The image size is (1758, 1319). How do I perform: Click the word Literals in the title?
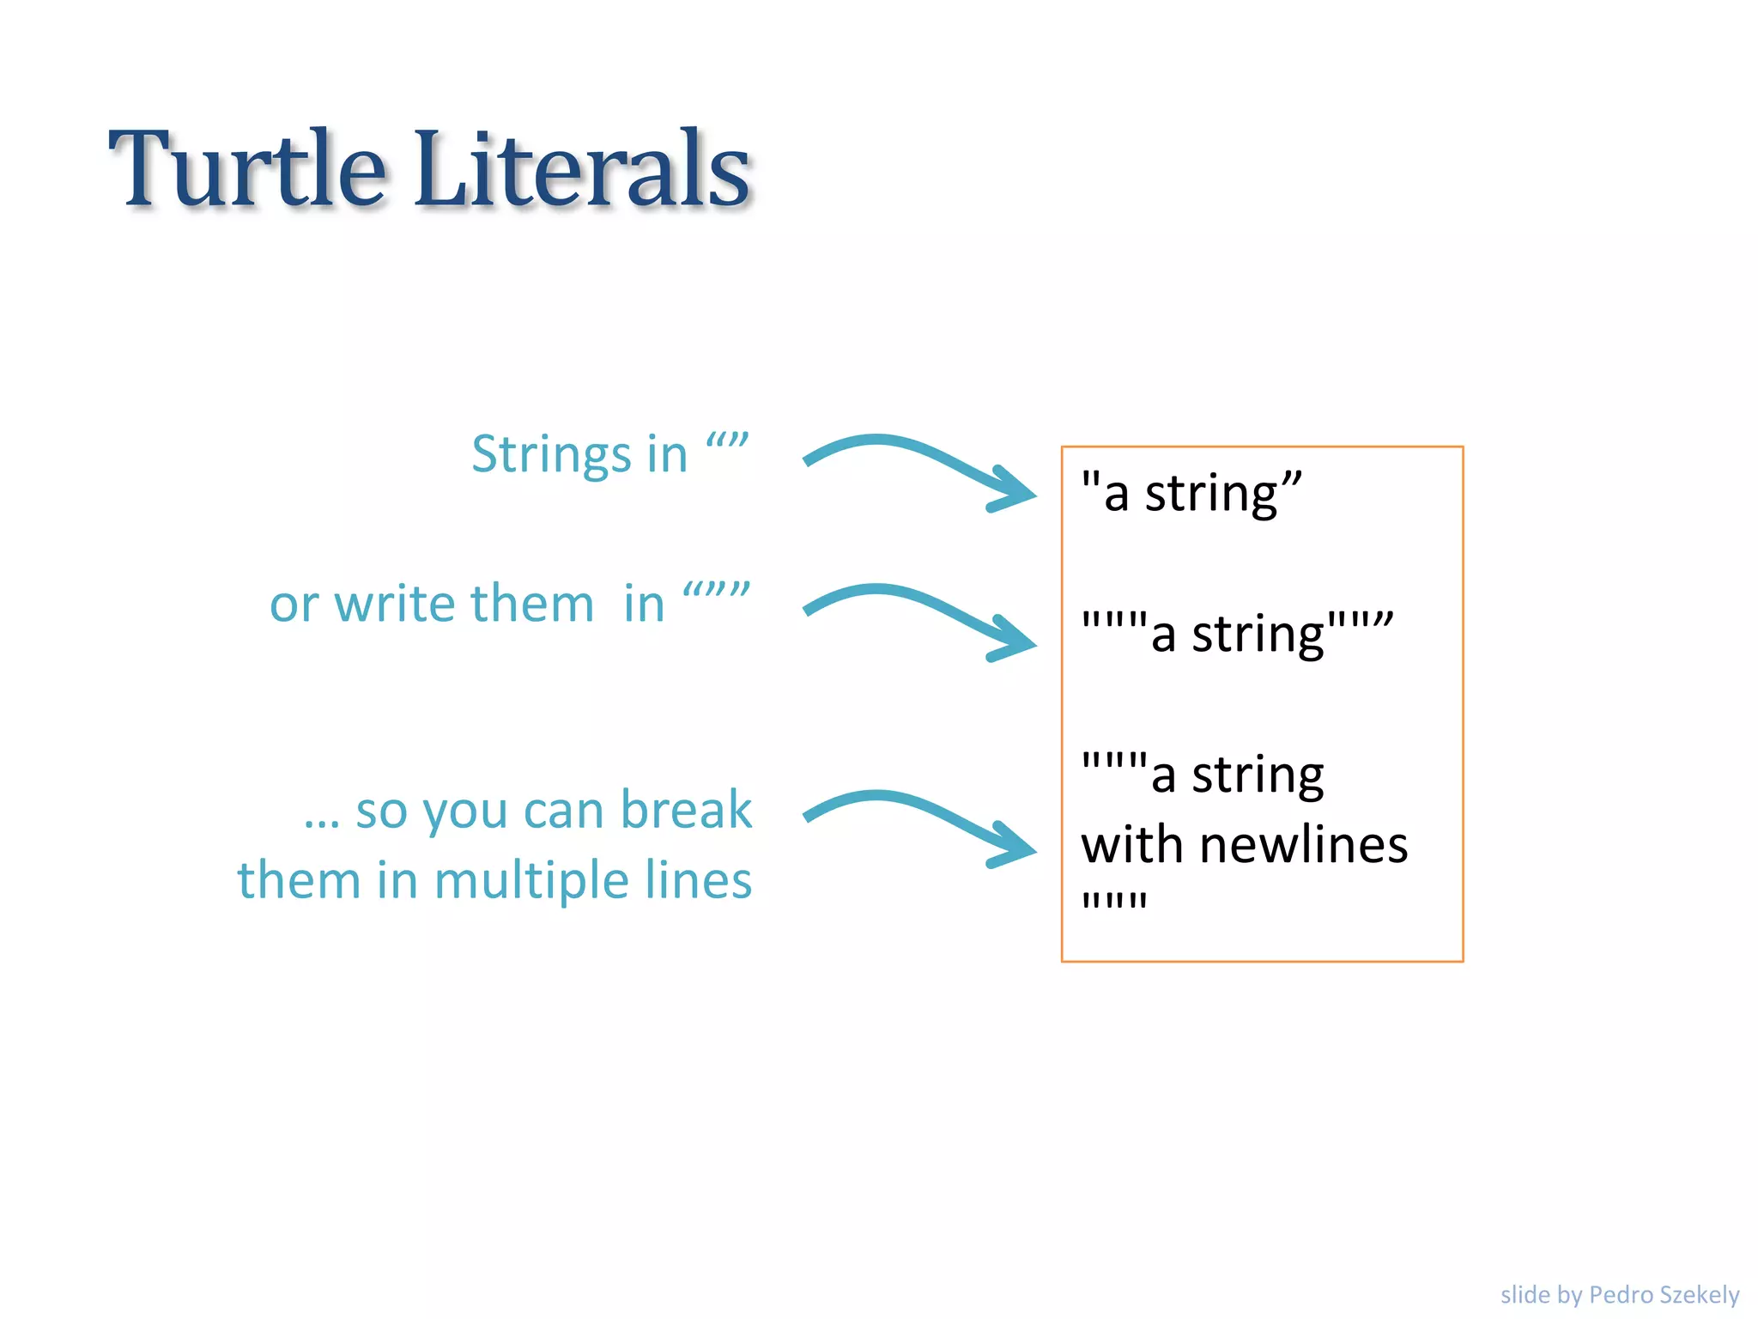(582, 169)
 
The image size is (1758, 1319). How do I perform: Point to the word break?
(686, 810)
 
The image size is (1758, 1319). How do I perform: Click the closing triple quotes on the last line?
(1114, 902)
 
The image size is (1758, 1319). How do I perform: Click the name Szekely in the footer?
(1700, 1294)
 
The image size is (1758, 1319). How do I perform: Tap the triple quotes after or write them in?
(716, 592)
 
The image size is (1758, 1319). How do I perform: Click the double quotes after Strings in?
(727, 442)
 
